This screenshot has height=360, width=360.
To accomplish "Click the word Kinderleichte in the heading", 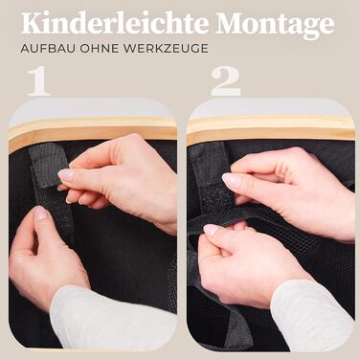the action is [x=116, y=24].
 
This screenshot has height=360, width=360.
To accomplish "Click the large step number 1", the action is [x=39, y=81].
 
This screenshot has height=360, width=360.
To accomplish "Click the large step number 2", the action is [x=225, y=81].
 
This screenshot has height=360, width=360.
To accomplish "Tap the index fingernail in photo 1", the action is [x=66, y=175].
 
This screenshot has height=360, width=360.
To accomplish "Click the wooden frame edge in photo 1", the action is [x=93, y=131].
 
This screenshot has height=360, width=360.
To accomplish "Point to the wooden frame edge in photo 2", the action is [x=271, y=130].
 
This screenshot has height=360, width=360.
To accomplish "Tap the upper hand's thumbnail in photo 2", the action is [x=232, y=179].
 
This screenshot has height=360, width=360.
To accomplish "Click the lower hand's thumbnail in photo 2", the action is [x=213, y=229].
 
